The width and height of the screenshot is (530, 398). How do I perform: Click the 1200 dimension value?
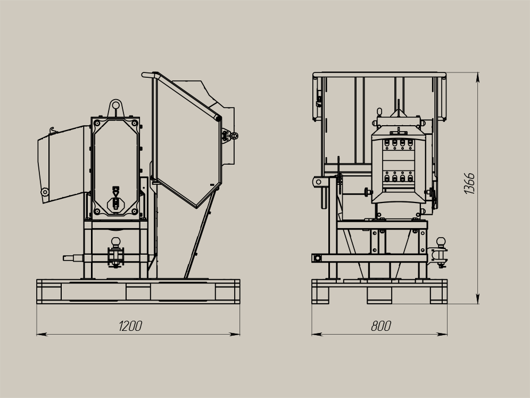[130, 326]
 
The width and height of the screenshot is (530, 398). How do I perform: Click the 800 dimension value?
[381, 326]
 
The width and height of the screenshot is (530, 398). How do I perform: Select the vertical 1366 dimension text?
[469, 183]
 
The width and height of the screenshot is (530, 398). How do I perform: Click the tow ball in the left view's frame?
[116, 242]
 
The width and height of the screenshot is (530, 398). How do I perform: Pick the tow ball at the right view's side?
[441, 242]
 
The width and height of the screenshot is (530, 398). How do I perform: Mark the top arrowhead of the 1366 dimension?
[478, 77]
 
